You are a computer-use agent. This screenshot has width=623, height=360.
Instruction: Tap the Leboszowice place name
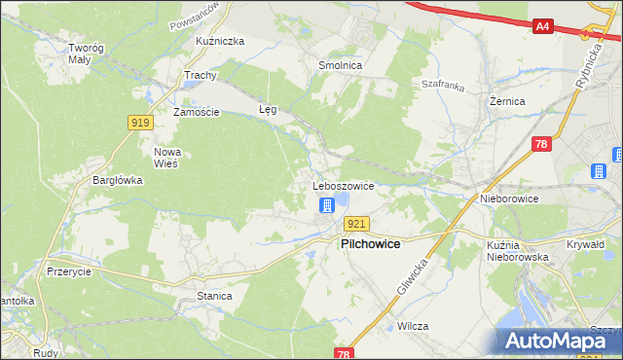[x=343, y=185]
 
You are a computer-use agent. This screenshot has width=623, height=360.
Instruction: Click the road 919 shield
[x=138, y=122]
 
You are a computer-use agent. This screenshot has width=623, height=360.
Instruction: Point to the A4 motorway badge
[x=543, y=27]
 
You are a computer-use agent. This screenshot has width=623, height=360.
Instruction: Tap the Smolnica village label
[x=340, y=65]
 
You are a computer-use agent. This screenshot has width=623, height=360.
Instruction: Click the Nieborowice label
[x=509, y=198]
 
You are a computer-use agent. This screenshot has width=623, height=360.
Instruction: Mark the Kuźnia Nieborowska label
[x=517, y=251]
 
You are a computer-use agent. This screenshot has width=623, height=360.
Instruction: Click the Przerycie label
[x=67, y=272]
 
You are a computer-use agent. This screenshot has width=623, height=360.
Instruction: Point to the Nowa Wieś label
[x=167, y=158]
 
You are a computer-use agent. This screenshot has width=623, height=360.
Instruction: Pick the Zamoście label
[x=197, y=112]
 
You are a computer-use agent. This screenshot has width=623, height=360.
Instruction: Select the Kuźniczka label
[x=219, y=41]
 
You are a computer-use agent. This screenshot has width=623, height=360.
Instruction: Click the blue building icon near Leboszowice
[x=327, y=205]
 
